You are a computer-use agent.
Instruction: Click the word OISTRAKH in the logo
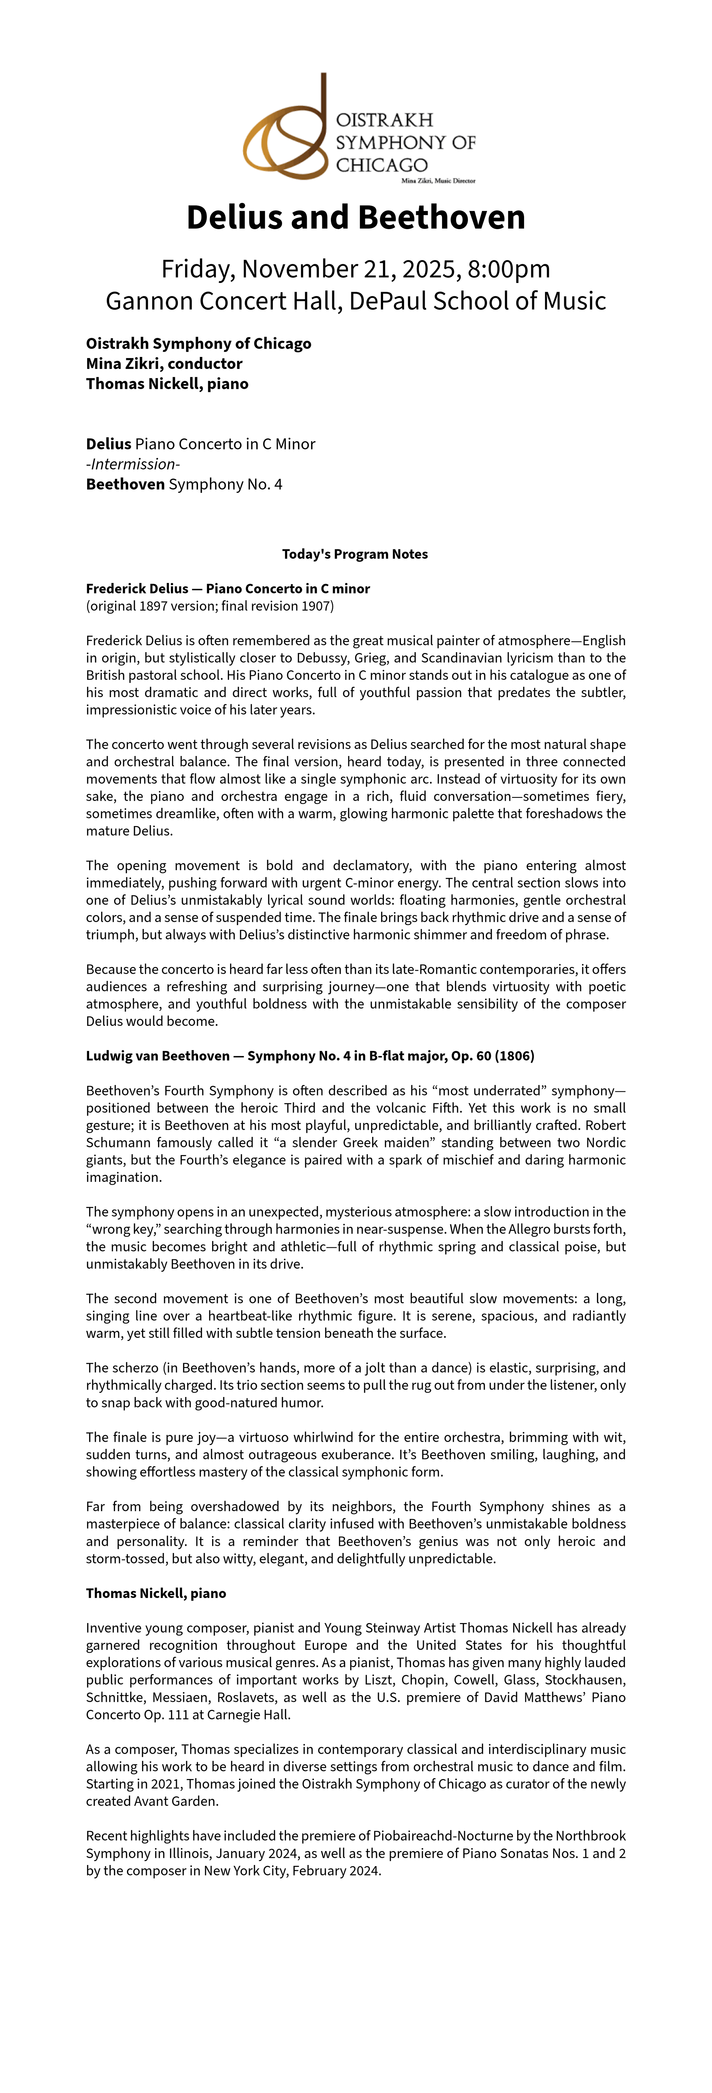tap(384, 120)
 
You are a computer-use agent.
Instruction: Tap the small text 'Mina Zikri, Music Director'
tap(438, 180)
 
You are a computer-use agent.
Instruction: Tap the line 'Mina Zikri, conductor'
tap(164, 363)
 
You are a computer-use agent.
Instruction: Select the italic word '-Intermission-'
tap(133, 464)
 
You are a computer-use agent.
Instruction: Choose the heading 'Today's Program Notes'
tap(355, 554)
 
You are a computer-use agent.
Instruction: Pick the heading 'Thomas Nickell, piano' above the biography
tap(156, 1593)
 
